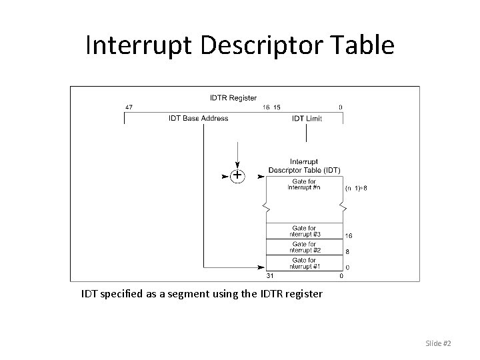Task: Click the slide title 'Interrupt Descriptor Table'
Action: click(x=240, y=45)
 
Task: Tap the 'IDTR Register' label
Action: click(x=233, y=98)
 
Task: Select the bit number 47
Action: click(x=129, y=107)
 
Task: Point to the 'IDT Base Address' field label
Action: click(x=199, y=119)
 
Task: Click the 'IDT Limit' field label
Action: click(x=307, y=119)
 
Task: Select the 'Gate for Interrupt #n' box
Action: click(x=304, y=184)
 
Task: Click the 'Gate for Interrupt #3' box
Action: click(x=305, y=231)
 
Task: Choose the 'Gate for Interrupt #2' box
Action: click(x=305, y=247)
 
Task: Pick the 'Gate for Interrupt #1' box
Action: click(x=305, y=263)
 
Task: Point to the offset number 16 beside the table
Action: click(x=349, y=236)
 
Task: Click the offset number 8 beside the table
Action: click(x=347, y=252)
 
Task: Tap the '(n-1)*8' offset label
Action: click(x=356, y=188)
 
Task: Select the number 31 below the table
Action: click(x=270, y=275)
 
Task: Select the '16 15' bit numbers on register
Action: click(x=271, y=107)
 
